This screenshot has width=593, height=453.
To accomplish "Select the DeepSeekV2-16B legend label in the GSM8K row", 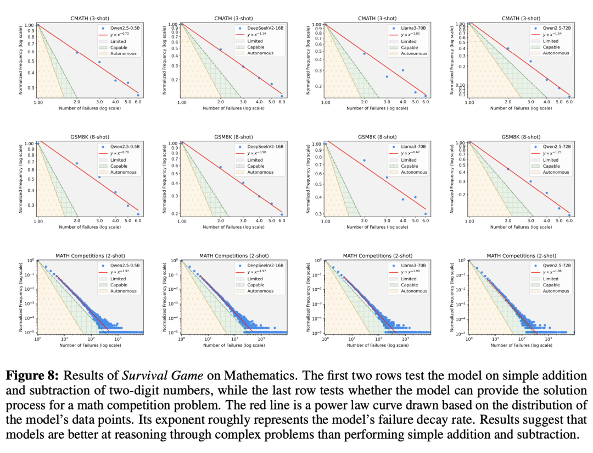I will (266, 147).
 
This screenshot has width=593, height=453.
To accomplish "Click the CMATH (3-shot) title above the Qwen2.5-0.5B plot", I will (88, 18).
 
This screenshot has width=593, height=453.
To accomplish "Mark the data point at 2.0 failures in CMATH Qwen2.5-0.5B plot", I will (77, 53).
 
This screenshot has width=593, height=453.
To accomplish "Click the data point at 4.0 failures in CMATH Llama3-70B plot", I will (402, 70).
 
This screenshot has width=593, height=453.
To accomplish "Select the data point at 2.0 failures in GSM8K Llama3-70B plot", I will (364, 161).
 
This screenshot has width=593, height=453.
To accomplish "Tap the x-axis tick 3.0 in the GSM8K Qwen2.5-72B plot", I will (530, 220).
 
